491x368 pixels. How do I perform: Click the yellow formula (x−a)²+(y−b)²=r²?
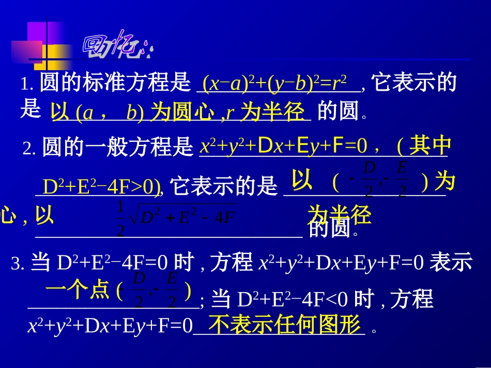[x=274, y=84]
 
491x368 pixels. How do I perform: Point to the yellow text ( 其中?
[x=423, y=147]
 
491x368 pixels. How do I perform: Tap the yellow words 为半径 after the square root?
[x=340, y=215]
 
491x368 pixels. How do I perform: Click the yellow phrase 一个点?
[x=78, y=291]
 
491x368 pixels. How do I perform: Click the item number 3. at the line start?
[x=18, y=265]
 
